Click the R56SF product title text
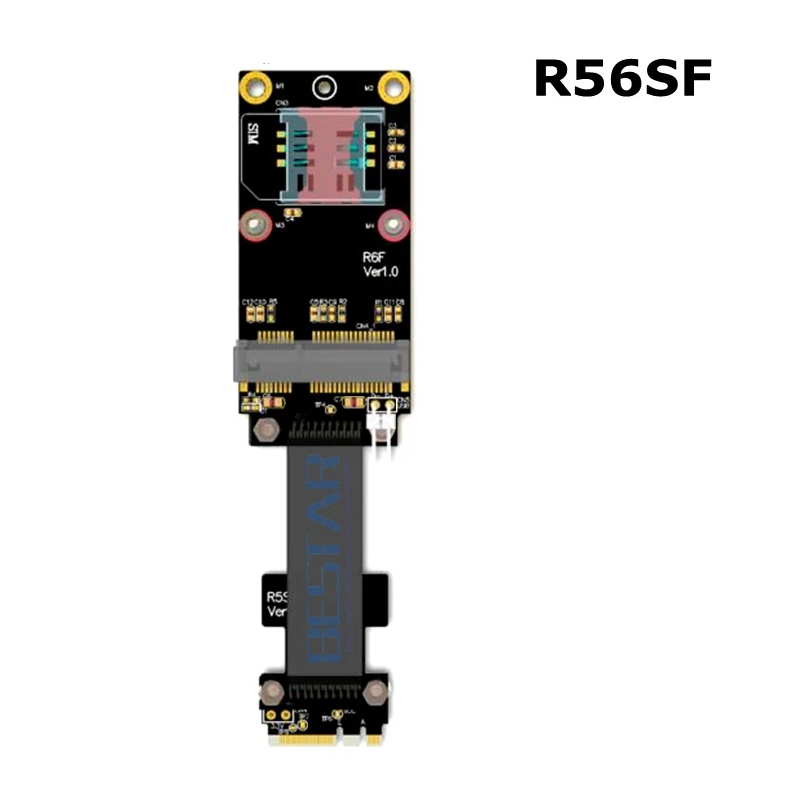tap(623, 79)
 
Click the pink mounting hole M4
tap(394, 226)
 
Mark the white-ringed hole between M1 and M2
tap(323, 87)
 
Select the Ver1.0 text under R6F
tap(377, 273)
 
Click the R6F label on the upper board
tap(374, 257)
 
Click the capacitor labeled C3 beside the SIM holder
tap(392, 126)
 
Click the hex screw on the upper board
tap(264, 429)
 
